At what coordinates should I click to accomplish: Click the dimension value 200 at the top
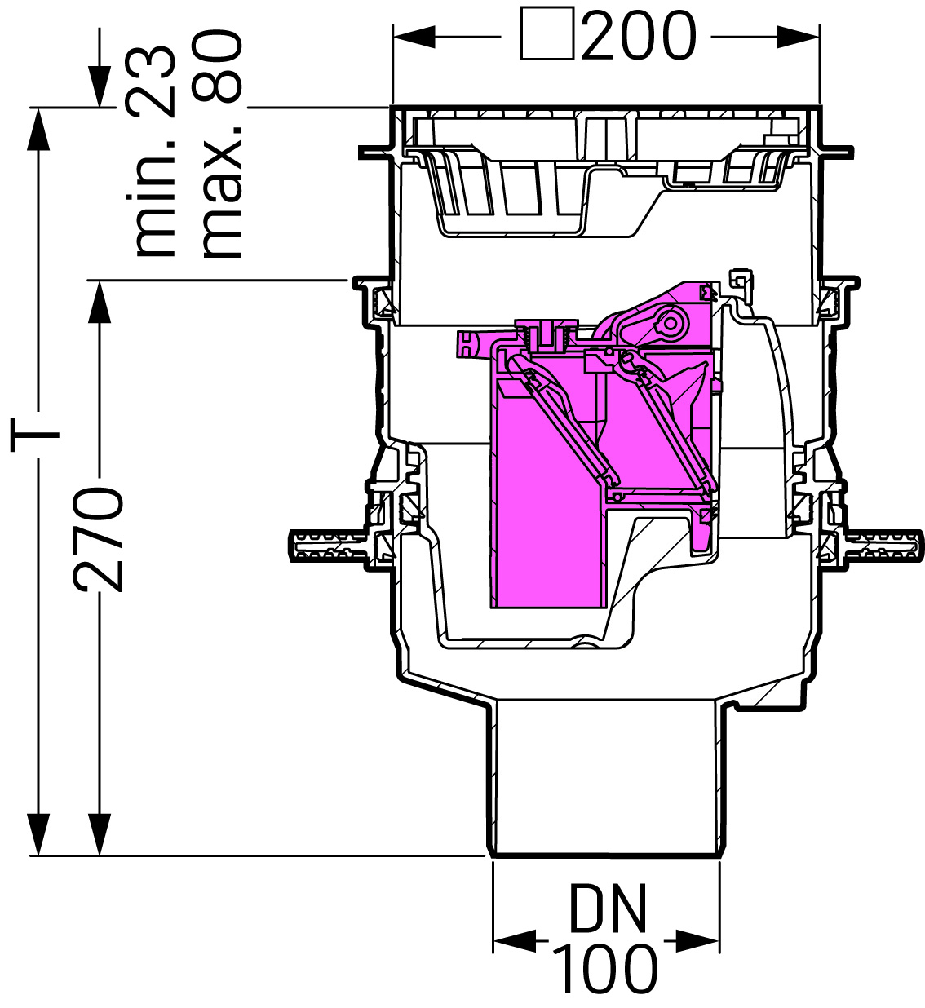pos(639,35)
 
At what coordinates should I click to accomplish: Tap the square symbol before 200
pos(547,33)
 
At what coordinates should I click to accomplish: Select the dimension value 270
pos(99,539)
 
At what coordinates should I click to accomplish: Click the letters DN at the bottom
pos(607,909)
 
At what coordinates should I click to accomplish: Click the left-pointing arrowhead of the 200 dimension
pos(414,37)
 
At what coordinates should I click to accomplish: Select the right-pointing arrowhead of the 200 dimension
pos(799,37)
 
